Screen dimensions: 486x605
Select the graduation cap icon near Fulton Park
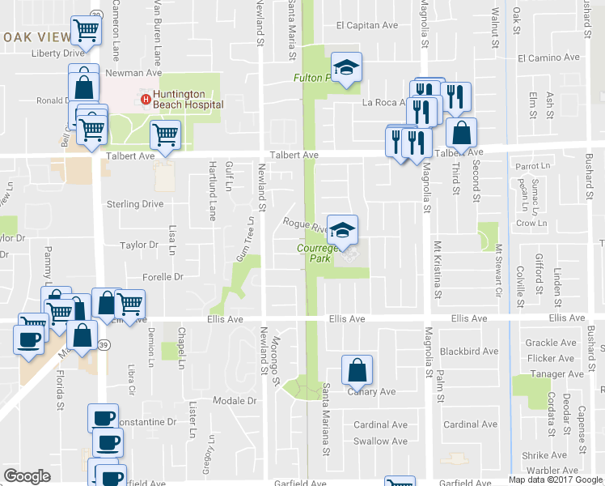pyautogui.click(x=346, y=68)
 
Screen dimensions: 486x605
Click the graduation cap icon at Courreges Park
pyautogui.click(x=342, y=230)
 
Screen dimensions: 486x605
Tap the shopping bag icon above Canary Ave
pyautogui.click(x=357, y=371)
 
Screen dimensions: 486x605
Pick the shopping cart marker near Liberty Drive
pyautogui.click(x=86, y=32)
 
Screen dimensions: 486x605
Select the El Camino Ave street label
pyautogui.click(x=549, y=58)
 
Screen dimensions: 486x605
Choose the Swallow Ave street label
pyautogui.click(x=380, y=441)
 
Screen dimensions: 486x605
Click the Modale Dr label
pyautogui.click(x=235, y=401)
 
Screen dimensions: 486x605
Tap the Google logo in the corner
pyautogui.click(x=27, y=476)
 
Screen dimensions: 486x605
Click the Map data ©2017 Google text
pyautogui.click(x=556, y=480)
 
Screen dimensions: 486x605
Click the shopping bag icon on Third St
pyautogui.click(x=461, y=133)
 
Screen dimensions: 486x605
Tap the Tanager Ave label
pyautogui.click(x=554, y=374)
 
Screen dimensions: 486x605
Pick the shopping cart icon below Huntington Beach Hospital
pyautogui.click(x=165, y=136)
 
